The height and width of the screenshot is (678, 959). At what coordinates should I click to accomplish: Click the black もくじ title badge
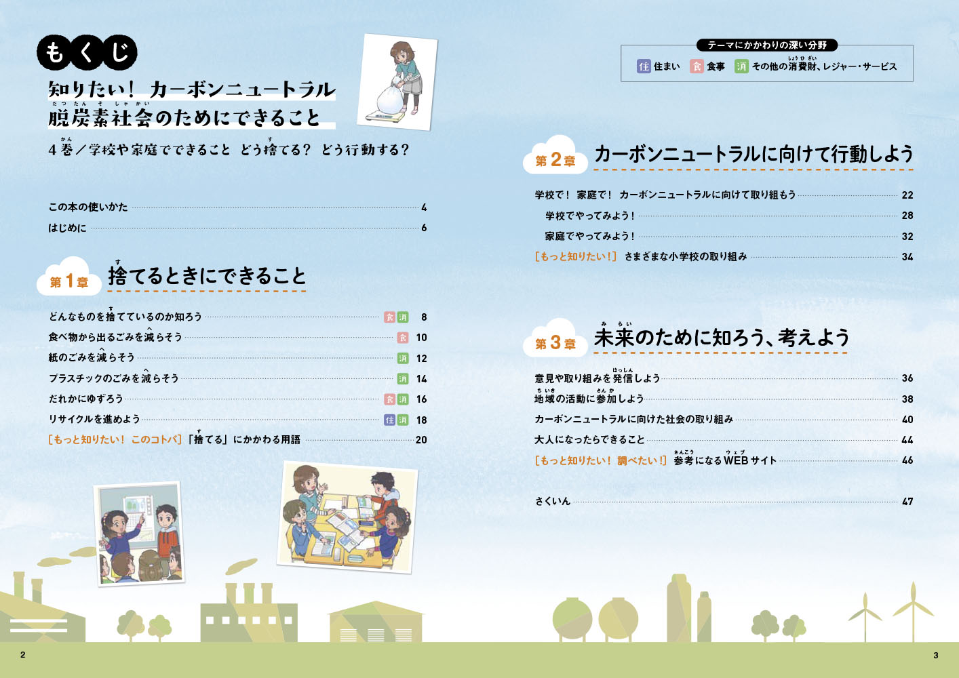point(87,53)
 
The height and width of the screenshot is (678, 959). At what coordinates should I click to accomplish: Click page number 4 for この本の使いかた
point(424,207)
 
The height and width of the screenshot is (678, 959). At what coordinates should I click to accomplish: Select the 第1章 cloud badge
point(69,277)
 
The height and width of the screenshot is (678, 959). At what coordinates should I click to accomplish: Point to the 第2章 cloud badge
point(555,155)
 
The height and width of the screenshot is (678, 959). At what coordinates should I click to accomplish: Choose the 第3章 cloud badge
point(555,338)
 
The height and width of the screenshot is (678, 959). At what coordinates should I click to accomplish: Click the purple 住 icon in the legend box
point(644,66)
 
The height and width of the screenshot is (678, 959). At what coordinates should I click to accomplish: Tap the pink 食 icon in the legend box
point(697,66)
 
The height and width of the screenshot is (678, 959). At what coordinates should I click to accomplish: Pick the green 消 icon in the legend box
point(741,66)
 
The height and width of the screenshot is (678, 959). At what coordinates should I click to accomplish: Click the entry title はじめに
point(67,228)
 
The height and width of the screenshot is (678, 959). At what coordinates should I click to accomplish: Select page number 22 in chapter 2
point(907,195)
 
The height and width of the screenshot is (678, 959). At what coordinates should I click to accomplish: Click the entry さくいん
point(553,501)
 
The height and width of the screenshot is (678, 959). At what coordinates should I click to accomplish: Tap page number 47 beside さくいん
point(907,501)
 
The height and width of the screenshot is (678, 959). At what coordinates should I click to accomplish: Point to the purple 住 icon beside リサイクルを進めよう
point(389,420)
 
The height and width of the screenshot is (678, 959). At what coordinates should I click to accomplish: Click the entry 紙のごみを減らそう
point(92,357)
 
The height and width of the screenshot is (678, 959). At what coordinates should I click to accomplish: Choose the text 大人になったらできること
point(589,439)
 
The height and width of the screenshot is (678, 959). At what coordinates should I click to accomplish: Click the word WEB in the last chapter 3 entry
point(735,460)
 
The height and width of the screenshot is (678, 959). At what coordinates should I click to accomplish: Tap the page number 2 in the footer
point(22,655)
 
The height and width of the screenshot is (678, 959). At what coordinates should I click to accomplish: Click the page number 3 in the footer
point(936,656)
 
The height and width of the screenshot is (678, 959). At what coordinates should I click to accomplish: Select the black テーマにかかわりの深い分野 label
point(767,45)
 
